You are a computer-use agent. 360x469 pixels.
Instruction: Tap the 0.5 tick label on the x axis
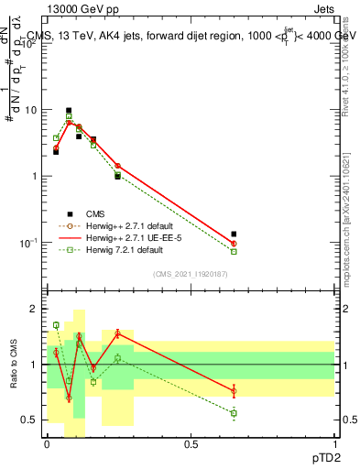191,443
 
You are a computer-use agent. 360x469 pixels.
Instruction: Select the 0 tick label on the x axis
47,443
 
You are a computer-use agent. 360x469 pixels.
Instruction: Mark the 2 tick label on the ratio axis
34,309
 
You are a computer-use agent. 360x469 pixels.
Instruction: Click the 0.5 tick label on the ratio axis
30,420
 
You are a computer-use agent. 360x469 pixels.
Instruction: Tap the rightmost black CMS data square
234,234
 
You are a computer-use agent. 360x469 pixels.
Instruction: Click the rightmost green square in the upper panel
234,251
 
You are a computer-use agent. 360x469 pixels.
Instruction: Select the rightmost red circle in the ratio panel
234,391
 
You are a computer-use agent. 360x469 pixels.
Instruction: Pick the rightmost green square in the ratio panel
234,413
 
